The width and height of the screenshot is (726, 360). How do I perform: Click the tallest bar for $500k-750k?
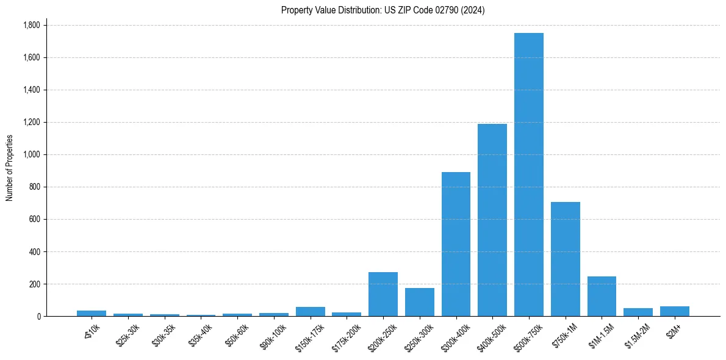[x=528, y=175]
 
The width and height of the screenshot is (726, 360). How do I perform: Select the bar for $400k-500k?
[x=492, y=220]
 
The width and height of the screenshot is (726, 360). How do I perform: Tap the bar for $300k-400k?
[x=456, y=244]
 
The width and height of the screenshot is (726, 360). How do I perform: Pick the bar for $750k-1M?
[x=565, y=259]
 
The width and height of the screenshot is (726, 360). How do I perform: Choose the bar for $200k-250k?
[x=383, y=294]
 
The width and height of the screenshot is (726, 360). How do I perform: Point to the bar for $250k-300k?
[x=419, y=302]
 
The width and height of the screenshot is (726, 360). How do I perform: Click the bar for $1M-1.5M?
[x=602, y=297]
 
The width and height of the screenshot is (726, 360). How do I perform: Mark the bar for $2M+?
[x=674, y=311]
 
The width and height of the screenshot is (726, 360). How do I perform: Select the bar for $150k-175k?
[x=310, y=312]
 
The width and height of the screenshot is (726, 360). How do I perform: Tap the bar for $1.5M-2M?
[x=638, y=312]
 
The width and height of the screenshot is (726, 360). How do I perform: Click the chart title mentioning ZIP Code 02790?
[x=383, y=10]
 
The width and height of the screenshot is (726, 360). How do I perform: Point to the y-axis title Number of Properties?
[x=10, y=168]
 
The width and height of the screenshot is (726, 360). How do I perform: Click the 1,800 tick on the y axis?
[x=31, y=25]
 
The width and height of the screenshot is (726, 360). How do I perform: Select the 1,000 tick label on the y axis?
[x=31, y=154]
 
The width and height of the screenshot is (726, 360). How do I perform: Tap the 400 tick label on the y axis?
[x=35, y=251]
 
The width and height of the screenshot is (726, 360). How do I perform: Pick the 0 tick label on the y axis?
[x=39, y=316]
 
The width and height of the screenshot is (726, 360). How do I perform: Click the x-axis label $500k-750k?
[x=527, y=334]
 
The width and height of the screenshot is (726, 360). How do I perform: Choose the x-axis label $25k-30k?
[x=128, y=333]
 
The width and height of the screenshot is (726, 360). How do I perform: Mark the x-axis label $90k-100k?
[x=273, y=333]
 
